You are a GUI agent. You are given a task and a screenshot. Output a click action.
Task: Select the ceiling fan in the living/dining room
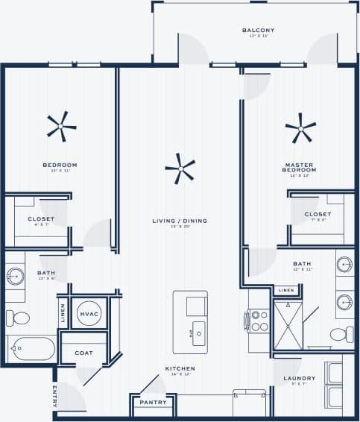tap(180, 169)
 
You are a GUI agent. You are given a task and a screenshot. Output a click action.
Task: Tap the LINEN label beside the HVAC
tap(62, 314)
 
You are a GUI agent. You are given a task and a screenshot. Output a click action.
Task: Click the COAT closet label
tap(84, 353)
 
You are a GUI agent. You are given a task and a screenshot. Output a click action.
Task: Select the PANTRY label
tap(154, 403)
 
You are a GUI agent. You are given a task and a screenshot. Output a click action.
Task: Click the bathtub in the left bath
tap(31, 349)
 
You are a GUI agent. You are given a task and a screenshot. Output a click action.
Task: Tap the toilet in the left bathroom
tap(18, 318)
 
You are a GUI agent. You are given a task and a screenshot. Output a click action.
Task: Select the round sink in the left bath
tap(15, 277)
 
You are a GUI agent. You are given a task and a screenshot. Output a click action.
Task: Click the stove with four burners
tap(258, 321)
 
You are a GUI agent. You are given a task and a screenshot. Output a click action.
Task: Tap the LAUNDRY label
tap(300, 379)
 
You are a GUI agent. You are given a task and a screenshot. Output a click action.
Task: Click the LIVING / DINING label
tap(180, 221)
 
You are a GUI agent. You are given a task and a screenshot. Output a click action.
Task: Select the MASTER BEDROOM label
tap(300, 167)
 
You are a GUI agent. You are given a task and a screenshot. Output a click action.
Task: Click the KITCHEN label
tap(180, 368)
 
